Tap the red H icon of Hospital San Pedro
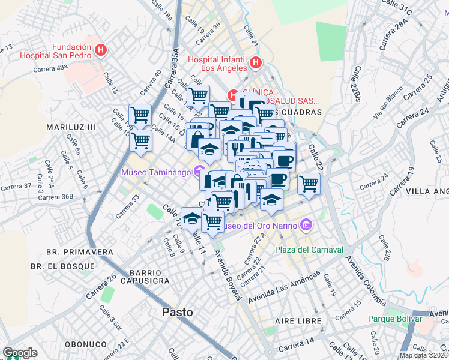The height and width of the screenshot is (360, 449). [x=101, y=50]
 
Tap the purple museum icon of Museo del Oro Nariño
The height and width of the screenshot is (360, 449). [x=306, y=225]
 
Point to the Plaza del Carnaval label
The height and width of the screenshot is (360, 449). [x=309, y=250]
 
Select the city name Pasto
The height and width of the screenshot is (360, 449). [x=178, y=312]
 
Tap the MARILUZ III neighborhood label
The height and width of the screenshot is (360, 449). [x=71, y=127]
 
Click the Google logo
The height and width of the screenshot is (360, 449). [x=20, y=353]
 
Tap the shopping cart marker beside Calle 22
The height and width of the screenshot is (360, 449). [x=309, y=183]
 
